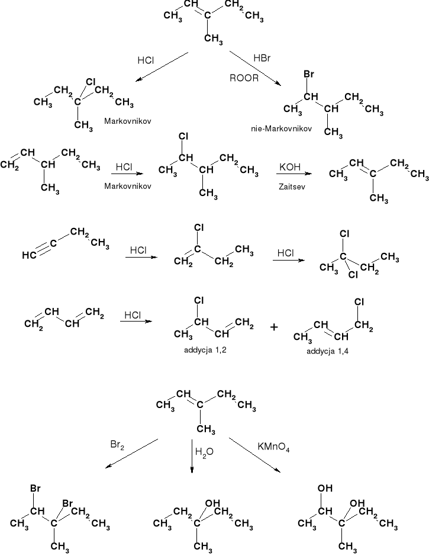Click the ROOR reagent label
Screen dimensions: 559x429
(x=244, y=78)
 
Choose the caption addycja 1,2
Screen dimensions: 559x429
(x=206, y=350)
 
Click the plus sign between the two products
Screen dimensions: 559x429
(x=275, y=327)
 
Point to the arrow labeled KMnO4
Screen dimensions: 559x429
(x=254, y=455)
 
